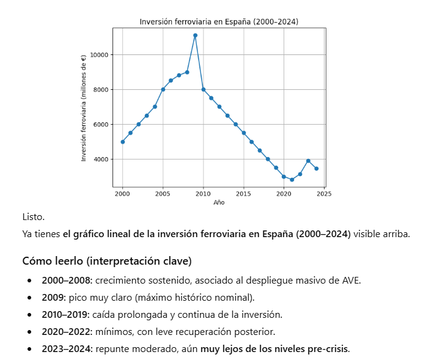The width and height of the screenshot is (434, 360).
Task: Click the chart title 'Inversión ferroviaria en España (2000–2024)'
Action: point(219,21)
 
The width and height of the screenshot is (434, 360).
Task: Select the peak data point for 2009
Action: point(195,35)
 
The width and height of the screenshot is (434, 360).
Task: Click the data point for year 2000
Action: point(123,142)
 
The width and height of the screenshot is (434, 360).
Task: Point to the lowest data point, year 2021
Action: point(292,180)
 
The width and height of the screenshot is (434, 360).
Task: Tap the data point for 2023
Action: point(308,161)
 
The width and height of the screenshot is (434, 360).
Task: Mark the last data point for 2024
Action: point(316,169)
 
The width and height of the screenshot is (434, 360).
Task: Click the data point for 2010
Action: point(204,89)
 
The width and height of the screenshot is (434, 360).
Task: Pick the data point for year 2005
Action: point(163,89)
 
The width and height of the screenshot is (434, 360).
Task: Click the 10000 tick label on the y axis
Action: point(99,55)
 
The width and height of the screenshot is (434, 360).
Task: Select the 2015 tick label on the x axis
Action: point(243,194)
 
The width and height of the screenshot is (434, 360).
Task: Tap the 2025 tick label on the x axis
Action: point(324,194)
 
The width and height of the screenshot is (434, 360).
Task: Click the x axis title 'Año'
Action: point(219,203)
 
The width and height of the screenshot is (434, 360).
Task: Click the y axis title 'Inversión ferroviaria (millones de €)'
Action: point(84,108)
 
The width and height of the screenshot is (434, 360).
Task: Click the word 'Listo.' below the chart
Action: point(34,217)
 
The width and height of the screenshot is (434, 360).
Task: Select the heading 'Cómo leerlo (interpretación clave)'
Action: point(107,261)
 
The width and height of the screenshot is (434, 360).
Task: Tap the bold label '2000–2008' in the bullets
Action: point(65,281)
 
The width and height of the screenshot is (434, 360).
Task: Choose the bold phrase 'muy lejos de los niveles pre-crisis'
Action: point(274,349)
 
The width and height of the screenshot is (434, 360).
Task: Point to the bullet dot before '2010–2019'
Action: point(29,315)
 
